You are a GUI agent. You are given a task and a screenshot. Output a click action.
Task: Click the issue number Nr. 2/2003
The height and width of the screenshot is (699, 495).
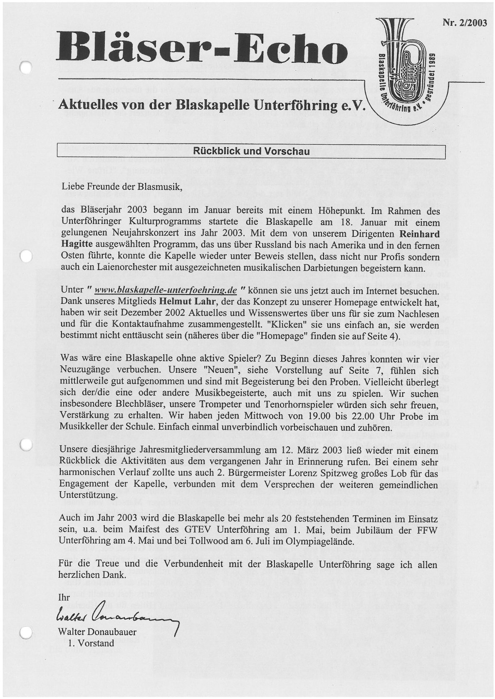point(465,23)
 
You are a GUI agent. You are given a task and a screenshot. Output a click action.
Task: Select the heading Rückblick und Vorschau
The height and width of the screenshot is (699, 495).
point(251,151)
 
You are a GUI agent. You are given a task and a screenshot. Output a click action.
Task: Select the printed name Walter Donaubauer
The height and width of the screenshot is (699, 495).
point(98,632)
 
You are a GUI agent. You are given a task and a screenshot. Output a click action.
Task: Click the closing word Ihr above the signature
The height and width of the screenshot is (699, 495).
point(64,598)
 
